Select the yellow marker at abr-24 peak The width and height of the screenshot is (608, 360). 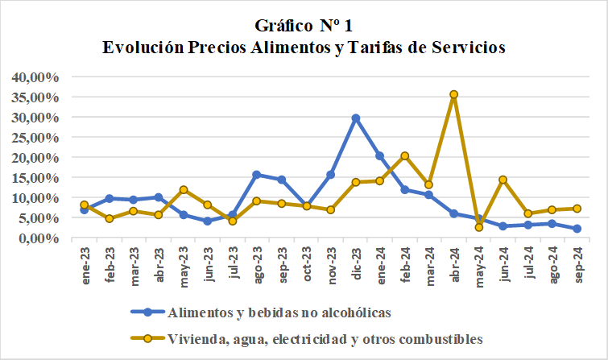[454, 94]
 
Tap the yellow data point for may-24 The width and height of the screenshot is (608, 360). [479, 227]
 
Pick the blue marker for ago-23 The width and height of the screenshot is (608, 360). [256, 175]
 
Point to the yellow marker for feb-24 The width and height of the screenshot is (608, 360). [404, 156]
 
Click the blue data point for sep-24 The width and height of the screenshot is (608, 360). [577, 229]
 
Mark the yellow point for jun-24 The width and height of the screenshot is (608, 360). [503, 180]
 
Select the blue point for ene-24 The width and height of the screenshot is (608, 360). [380, 156]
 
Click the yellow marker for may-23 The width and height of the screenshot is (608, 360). [183, 190]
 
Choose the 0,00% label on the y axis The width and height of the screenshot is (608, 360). [39, 238]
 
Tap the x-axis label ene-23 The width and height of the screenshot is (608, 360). [84, 262]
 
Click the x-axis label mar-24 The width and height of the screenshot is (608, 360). [429, 263]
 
